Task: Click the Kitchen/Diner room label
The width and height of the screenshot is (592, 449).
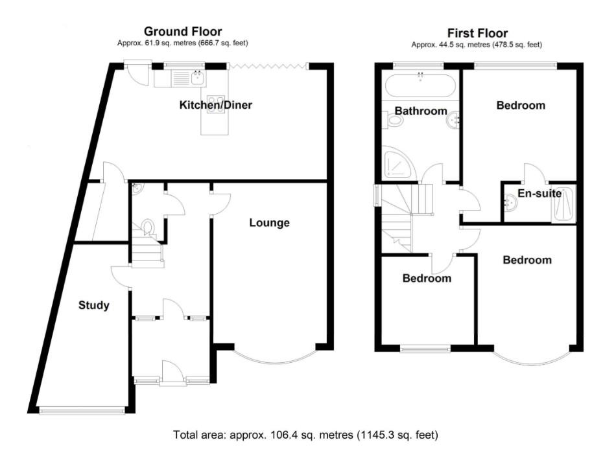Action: point(215,104)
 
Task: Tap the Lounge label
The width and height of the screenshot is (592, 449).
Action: point(269,223)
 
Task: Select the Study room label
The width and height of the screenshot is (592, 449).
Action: point(93,305)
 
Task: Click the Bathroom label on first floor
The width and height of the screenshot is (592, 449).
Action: point(421,111)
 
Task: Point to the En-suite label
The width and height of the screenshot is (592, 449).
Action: point(539,193)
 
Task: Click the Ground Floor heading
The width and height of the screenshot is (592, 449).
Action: point(182,31)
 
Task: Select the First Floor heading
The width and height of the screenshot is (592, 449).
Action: point(477,33)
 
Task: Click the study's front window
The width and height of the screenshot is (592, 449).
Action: point(81,409)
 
